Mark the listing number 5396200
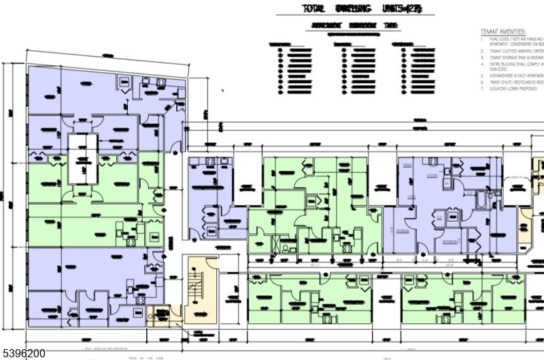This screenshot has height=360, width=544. point(23,353)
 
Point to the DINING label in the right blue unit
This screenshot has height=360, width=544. point(407,165)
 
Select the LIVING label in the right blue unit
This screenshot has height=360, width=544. point(411,197)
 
